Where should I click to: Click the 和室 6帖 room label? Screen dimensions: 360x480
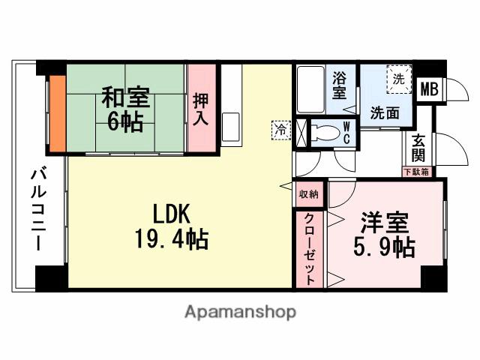(x=125, y=109)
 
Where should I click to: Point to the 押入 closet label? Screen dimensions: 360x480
(x=201, y=109)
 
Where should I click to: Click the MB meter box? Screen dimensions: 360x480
(x=429, y=89)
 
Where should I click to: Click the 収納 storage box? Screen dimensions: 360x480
(x=308, y=193)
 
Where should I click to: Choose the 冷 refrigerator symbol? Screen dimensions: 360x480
(x=279, y=129)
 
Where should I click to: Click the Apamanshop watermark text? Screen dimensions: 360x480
(x=240, y=311)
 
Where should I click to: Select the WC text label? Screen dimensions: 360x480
(x=347, y=133)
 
